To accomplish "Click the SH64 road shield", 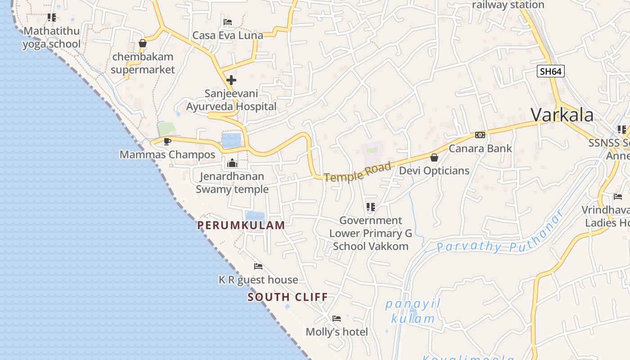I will tap(550, 71).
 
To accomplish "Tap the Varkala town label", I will tap(562, 115).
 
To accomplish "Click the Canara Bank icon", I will tap(480, 135).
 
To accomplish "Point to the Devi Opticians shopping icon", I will tap(434, 157).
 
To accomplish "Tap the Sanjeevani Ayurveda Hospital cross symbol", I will tap(231, 80).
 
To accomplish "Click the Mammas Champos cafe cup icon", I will tap(167, 141).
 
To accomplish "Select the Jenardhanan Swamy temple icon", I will tap(232, 163).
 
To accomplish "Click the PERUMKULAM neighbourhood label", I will tap(241, 225).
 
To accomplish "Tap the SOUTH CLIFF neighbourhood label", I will tap(288, 297).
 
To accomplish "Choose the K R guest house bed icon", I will tap(258, 266).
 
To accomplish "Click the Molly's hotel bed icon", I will tap(337, 319).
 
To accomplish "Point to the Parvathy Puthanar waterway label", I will tap(499, 236).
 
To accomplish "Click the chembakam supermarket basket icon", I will tap(143, 44).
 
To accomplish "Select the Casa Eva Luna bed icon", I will tap(228, 22).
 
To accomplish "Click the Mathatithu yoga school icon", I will tap(52, 18).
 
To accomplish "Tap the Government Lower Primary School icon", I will tap(371, 207).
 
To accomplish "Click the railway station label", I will tap(508, 5).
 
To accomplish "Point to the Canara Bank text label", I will tap(480, 148).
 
